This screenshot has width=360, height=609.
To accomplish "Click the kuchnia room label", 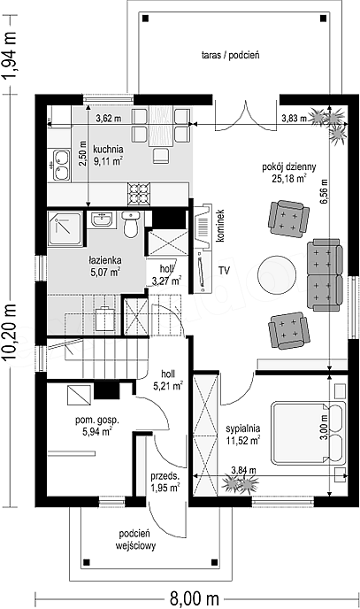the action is (x=108, y=149).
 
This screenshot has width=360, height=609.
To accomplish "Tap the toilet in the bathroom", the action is (x=132, y=224).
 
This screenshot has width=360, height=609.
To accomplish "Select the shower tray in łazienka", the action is (x=65, y=228).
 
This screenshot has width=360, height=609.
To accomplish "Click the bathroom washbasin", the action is (x=103, y=220).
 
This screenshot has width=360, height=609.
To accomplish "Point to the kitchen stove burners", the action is (x=139, y=194).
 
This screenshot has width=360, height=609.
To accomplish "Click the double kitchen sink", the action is (x=61, y=166).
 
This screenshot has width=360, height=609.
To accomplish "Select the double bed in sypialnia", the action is (x=308, y=433).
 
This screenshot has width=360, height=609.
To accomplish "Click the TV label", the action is (x=223, y=270).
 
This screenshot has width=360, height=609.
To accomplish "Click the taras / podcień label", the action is (x=231, y=55).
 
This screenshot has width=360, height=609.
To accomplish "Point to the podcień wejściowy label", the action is (x=135, y=540).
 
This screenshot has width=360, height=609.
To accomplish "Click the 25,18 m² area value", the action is (x=289, y=178).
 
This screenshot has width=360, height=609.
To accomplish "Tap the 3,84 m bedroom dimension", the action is (x=243, y=470).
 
